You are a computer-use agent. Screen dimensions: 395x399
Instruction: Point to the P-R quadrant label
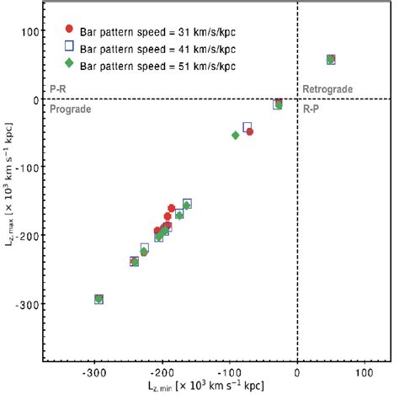60,90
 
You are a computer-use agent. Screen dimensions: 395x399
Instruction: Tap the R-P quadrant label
312,109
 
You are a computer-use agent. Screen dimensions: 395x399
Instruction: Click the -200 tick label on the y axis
26,236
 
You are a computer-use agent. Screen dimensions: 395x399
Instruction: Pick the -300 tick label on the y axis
26,304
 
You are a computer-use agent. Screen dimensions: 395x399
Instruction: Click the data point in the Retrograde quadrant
331,60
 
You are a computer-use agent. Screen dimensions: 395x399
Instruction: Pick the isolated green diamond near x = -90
236,136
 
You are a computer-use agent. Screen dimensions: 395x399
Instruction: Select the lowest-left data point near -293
98,299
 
